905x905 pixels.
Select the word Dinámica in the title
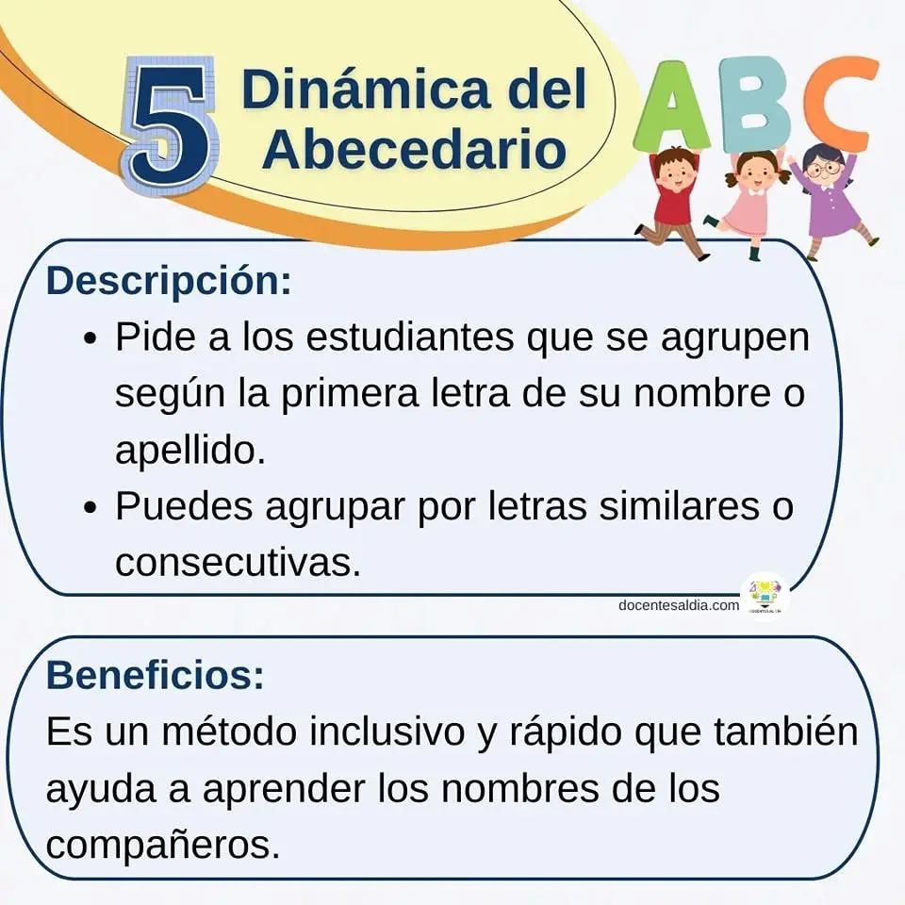tap(366, 89)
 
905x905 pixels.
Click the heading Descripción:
tap(169, 281)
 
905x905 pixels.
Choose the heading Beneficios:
tap(156, 674)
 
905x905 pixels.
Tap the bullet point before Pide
tap(90, 339)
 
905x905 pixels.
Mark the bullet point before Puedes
tap(90, 508)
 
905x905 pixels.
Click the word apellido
tap(190, 450)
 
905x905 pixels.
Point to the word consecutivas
tap(238, 561)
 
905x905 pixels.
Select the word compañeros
tap(163, 846)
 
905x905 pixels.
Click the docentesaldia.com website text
tap(679, 605)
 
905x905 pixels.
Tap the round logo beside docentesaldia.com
tap(765, 596)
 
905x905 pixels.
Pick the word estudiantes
tap(410, 337)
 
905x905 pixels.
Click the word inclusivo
tap(387, 731)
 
